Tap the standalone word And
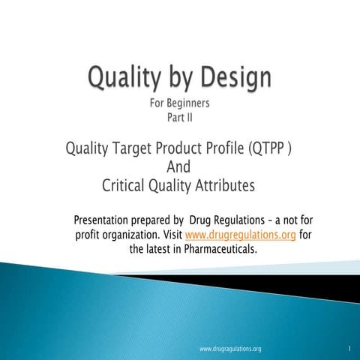pos(178,166)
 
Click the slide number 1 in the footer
pos(349,349)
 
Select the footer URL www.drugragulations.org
pos(231,349)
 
